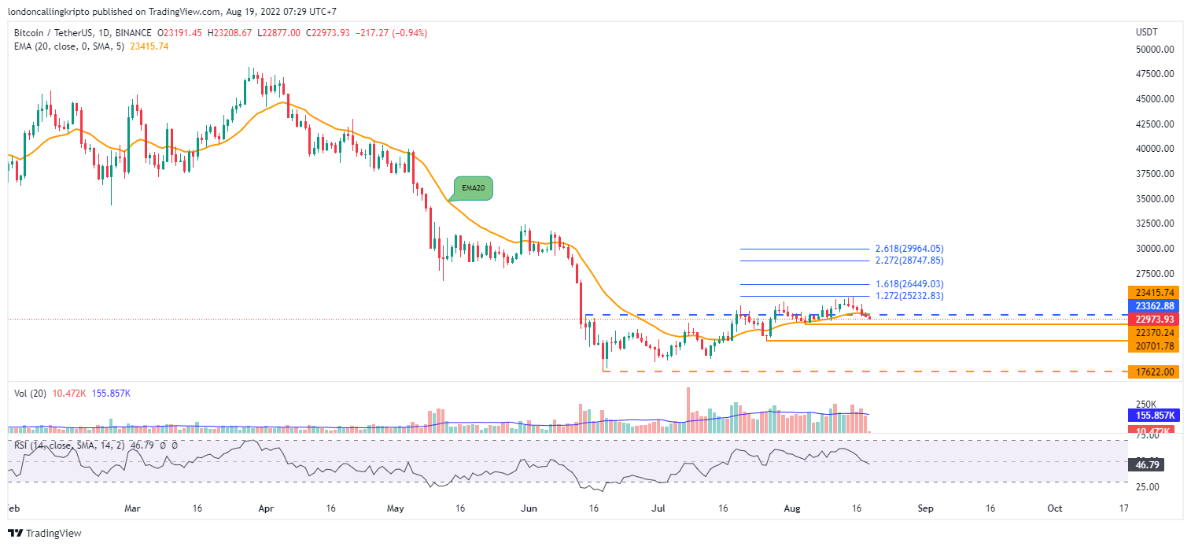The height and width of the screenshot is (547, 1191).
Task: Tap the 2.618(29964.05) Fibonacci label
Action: tap(909, 248)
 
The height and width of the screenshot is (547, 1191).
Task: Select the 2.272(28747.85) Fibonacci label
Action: tap(909, 260)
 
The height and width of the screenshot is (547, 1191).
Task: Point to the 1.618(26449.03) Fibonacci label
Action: tap(909, 284)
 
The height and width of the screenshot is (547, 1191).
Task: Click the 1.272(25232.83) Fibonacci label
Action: tap(909, 296)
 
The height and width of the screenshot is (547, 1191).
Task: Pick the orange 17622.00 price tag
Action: tap(1152, 371)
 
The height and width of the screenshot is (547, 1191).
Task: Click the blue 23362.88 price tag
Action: tap(1152, 306)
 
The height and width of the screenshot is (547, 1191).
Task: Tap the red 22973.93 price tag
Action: tap(1152, 320)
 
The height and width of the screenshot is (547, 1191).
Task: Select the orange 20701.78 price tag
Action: tap(1152, 346)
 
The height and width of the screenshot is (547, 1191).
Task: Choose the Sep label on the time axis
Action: tap(925, 508)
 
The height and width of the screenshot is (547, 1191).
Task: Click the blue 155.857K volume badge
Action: tap(1152, 415)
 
